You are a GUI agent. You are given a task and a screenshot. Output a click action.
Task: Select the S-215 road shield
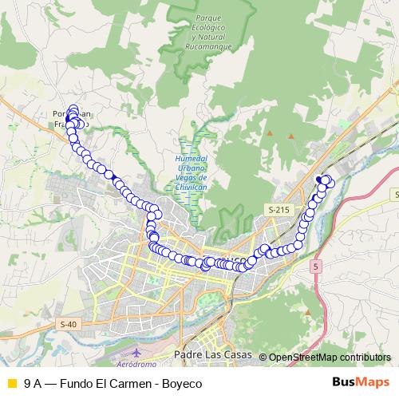(x=277, y=209)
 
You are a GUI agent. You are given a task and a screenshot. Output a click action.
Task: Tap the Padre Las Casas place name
(x=211, y=355)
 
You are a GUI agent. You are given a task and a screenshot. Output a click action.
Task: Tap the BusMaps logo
(x=361, y=382)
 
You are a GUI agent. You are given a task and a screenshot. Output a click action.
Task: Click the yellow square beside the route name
(x=11, y=383)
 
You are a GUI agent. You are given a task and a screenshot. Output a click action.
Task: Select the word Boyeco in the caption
(x=183, y=383)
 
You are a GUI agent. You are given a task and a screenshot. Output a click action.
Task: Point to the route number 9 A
(x=34, y=383)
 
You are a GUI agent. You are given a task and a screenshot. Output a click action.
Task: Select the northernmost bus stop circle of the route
(x=74, y=109)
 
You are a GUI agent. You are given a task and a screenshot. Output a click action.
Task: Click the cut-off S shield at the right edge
(x=396, y=194)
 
